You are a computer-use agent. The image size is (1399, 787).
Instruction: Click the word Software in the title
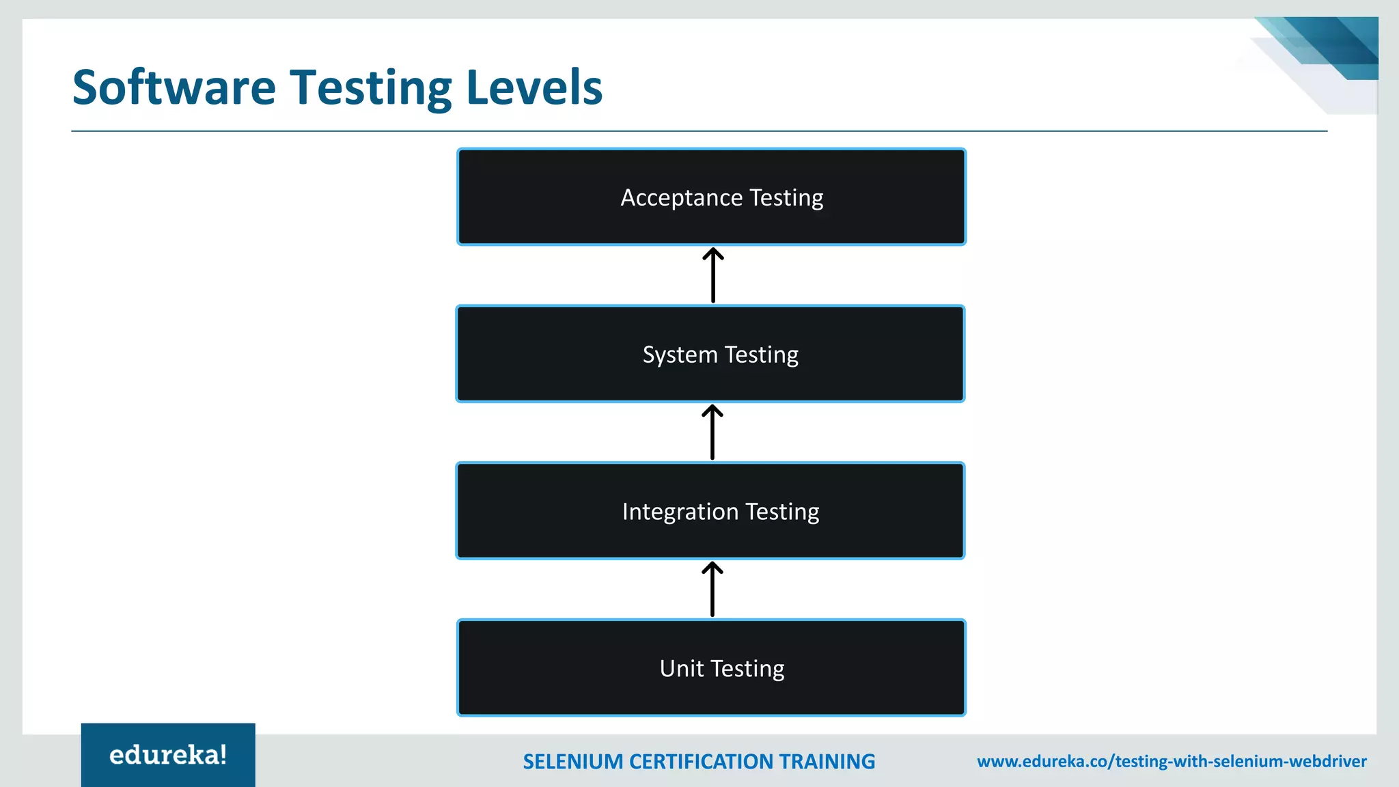[x=174, y=87]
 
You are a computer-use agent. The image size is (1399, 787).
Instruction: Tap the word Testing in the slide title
[x=371, y=89]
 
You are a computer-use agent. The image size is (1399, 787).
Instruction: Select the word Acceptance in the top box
[x=681, y=197]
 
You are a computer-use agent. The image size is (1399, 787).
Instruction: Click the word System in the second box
[x=680, y=355]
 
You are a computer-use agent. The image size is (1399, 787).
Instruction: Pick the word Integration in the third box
[x=680, y=512]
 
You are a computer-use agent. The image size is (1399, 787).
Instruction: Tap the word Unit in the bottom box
[x=681, y=668]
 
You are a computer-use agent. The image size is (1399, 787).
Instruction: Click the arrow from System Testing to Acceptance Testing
[x=713, y=275]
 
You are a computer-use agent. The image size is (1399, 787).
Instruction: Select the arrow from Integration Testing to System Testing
[x=712, y=432]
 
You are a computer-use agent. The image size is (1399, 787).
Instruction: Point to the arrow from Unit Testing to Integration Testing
[x=712, y=590]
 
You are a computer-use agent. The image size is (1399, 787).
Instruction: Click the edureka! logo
[x=168, y=755]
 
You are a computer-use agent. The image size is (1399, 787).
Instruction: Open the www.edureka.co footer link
[x=1172, y=762]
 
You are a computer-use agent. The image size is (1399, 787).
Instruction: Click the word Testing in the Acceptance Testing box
[x=786, y=198]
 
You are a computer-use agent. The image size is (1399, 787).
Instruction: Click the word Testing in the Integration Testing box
[x=782, y=512]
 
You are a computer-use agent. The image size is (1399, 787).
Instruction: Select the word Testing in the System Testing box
[x=761, y=355]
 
